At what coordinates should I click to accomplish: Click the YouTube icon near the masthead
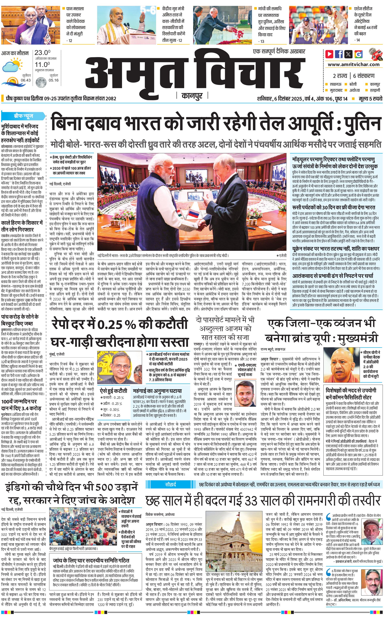(329, 54)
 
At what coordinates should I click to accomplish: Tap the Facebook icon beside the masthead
(339, 54)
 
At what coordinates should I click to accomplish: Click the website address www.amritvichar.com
(354, 65)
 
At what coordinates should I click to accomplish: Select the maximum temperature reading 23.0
(42, 53)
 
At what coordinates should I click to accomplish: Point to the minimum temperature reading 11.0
(42, 65)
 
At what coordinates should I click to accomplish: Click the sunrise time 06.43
(26, 80)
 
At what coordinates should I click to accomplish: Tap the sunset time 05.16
(54, 80)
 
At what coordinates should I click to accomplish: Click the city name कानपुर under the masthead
(192, 96)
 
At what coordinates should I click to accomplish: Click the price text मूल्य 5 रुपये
(370, 99)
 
